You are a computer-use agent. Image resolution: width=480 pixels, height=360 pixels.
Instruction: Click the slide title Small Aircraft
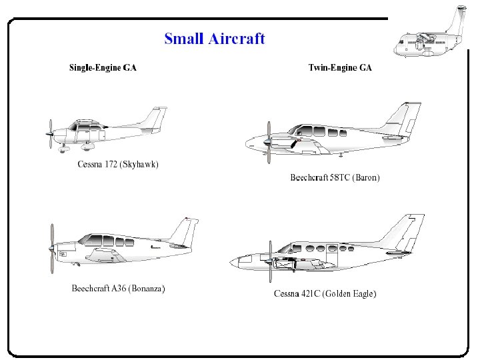[x=215, y=39]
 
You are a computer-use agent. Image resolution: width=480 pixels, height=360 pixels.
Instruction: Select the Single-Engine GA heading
[x=103, y=67]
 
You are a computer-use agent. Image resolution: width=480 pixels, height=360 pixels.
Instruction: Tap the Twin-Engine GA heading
[x=340, y=67]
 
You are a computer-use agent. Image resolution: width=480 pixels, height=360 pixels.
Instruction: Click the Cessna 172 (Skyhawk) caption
[x=118, y=164]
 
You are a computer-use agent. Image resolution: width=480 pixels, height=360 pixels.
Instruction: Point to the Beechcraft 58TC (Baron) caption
[x=335, y=177]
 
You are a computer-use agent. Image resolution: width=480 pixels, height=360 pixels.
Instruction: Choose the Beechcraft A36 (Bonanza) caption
[x=118, y=289]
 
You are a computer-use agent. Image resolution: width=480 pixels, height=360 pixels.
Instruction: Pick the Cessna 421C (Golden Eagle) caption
[x=325, y=293]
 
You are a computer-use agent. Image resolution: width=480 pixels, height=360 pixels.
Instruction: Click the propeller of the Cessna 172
[x=50, y=134]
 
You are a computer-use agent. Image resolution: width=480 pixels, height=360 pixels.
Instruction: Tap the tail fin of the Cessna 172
[x=157, y=119]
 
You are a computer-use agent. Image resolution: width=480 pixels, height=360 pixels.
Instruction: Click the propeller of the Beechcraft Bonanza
[x=52, y=248]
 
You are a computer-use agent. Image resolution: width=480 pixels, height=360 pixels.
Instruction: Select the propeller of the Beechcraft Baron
[x=268, y=142]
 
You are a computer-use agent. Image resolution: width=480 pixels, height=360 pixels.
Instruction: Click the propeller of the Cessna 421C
[x=270, y=261]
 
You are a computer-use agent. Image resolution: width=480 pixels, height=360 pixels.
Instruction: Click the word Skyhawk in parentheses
[x=139, y=164]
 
